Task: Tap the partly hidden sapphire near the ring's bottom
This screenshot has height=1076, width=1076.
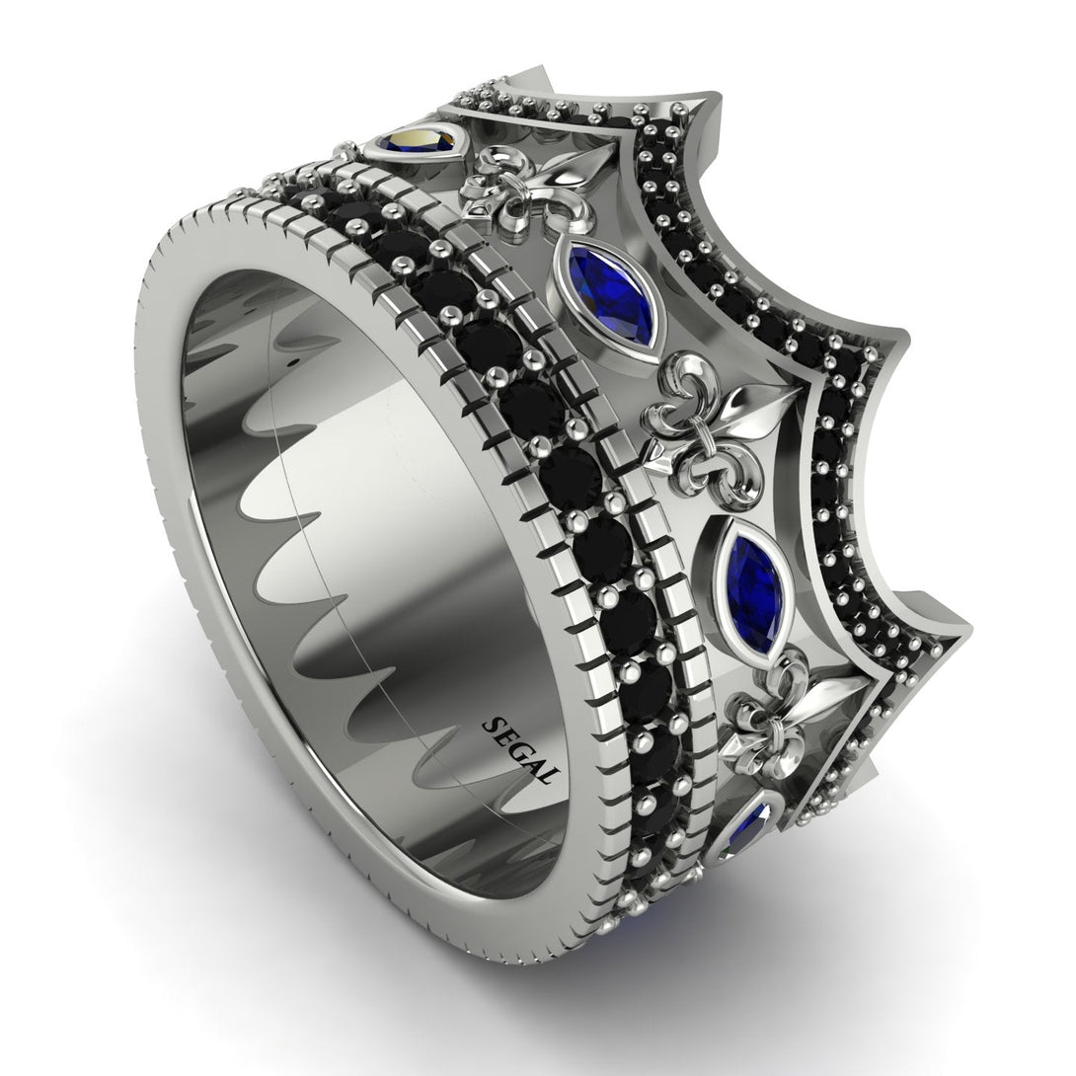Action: (752, 823)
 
